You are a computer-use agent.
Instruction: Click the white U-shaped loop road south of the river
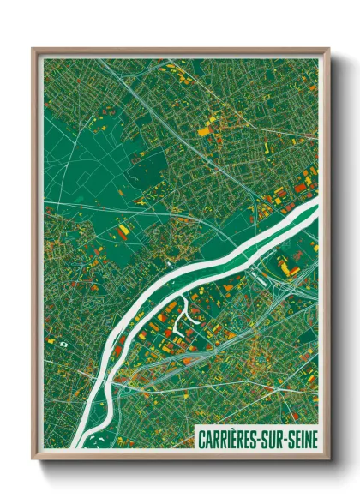pos(181,320)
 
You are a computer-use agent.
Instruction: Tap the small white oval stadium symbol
pos(63,343)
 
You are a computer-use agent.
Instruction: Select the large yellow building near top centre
pos(204,131)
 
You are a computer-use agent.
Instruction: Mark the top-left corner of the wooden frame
pos(33,50)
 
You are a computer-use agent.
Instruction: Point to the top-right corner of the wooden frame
pos(328,50)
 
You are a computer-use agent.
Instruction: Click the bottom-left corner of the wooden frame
pos(33,459)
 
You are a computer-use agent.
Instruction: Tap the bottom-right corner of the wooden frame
pos(328,459)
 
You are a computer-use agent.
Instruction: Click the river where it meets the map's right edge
pos(315,206)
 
